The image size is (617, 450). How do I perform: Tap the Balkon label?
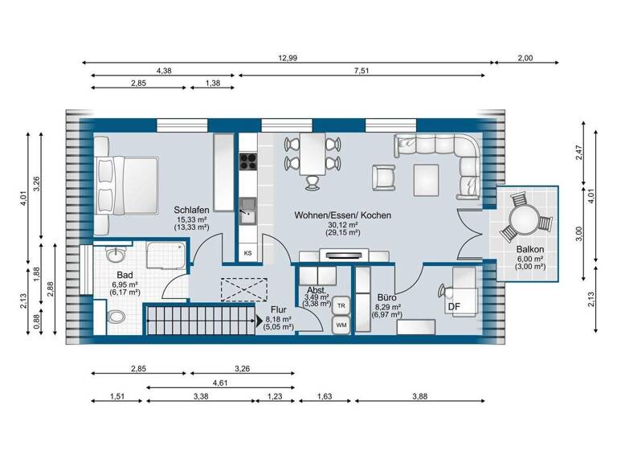point(531,250)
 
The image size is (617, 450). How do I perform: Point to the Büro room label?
point(387,297)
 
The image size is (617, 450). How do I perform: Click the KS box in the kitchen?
point(248,253)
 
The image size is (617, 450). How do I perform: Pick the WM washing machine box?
point(341,325)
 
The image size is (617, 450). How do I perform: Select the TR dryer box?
point(341,305)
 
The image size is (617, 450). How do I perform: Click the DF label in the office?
point(454,306)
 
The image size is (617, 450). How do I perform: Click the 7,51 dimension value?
point(362,70)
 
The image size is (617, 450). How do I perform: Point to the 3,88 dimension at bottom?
point(419,396)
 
